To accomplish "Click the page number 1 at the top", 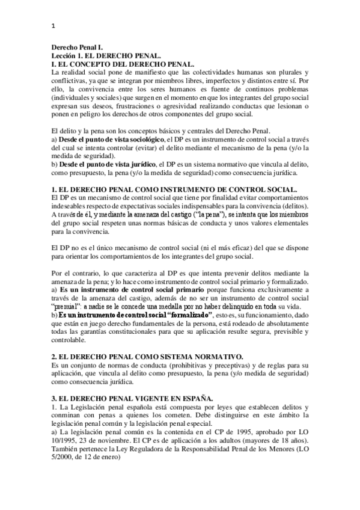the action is pyautogui.click(x=53, y=25).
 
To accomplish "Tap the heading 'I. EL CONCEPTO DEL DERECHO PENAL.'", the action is pyautogui.click(x=122, y=63).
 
